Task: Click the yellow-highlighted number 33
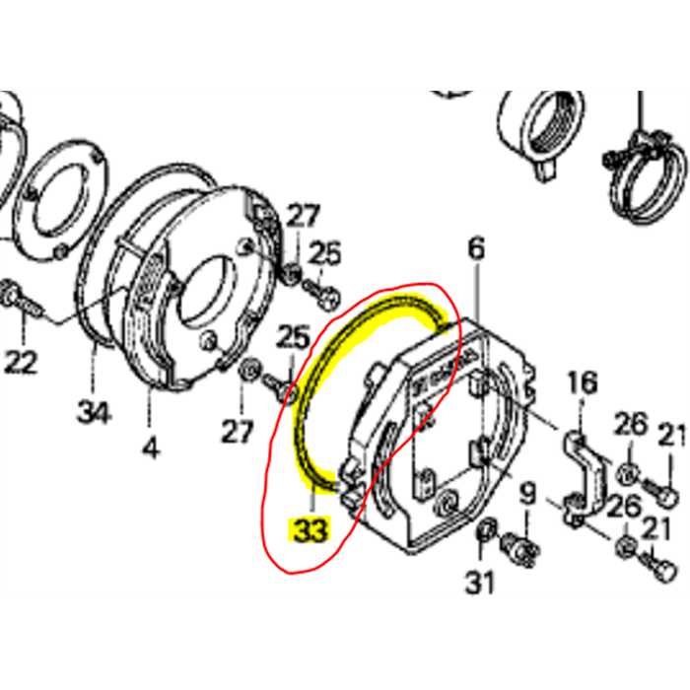(x=308, y=529)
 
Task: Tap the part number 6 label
(x=476, y=249)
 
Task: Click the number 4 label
(x=150, y=448)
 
